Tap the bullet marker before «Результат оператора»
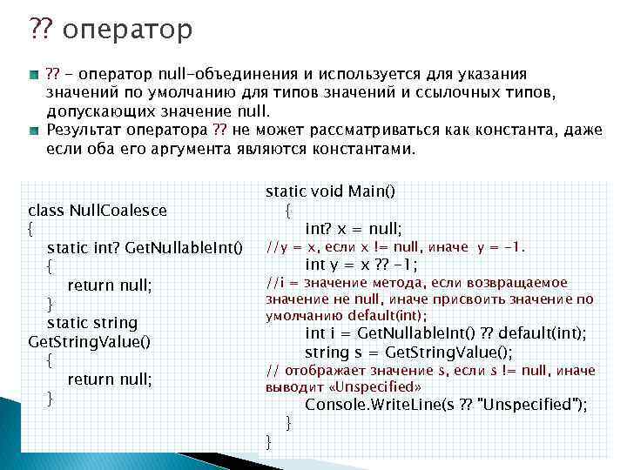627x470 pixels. (33, 131)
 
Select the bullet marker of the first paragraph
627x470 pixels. (33, 76)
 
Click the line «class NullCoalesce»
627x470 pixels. (98, 210)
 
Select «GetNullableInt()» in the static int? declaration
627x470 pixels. (184, 248)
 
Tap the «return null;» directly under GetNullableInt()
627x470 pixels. (110, 285)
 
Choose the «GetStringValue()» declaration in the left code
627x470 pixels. (89, 341)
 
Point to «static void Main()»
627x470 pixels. (330, 191)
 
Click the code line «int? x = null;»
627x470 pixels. (353, 229)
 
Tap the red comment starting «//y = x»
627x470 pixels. (395, 247)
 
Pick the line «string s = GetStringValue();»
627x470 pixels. (408, 352)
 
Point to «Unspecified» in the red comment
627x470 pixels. (383, 386)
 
